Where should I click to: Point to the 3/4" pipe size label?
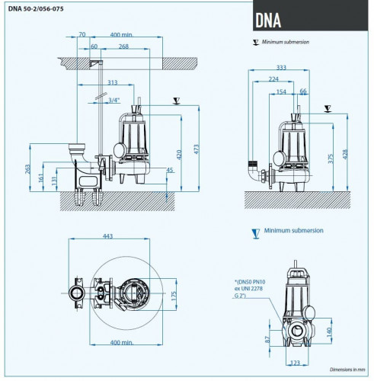click(x=114, y=100)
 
